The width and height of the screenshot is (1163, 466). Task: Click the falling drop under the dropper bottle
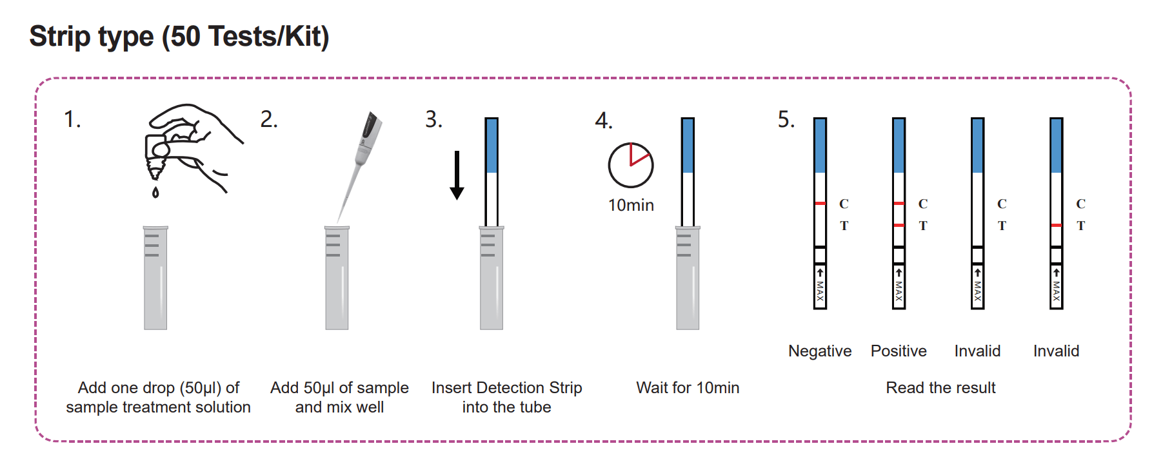click(x=155, y=192)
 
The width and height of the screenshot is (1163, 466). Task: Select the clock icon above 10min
click(x=630, y=165)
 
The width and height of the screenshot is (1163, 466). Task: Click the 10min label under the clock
click(x=631, y=205)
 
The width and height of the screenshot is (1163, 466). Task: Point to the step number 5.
click(x=786, y=119)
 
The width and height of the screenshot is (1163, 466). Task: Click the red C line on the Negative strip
click(x=820, y=204)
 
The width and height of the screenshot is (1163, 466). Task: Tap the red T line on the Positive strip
click(x=899, y=225)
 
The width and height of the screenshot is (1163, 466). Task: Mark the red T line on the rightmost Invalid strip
click(x=1056, y=225)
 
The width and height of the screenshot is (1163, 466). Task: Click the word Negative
click(x=820, y=351)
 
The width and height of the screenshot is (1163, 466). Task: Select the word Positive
click(x=899, y=351)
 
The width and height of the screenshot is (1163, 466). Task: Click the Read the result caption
click(x=940, y=387)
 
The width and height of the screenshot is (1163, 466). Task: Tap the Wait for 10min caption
click(x=688, y=387)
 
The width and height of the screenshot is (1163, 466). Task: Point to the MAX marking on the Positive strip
click(x=899, y=291)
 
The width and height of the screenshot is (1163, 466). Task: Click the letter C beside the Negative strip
click(x=844, y=204)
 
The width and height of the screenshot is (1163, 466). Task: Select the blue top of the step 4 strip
click(x=688, y=146)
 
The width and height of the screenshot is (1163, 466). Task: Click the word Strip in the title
click(x=59, y=36)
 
